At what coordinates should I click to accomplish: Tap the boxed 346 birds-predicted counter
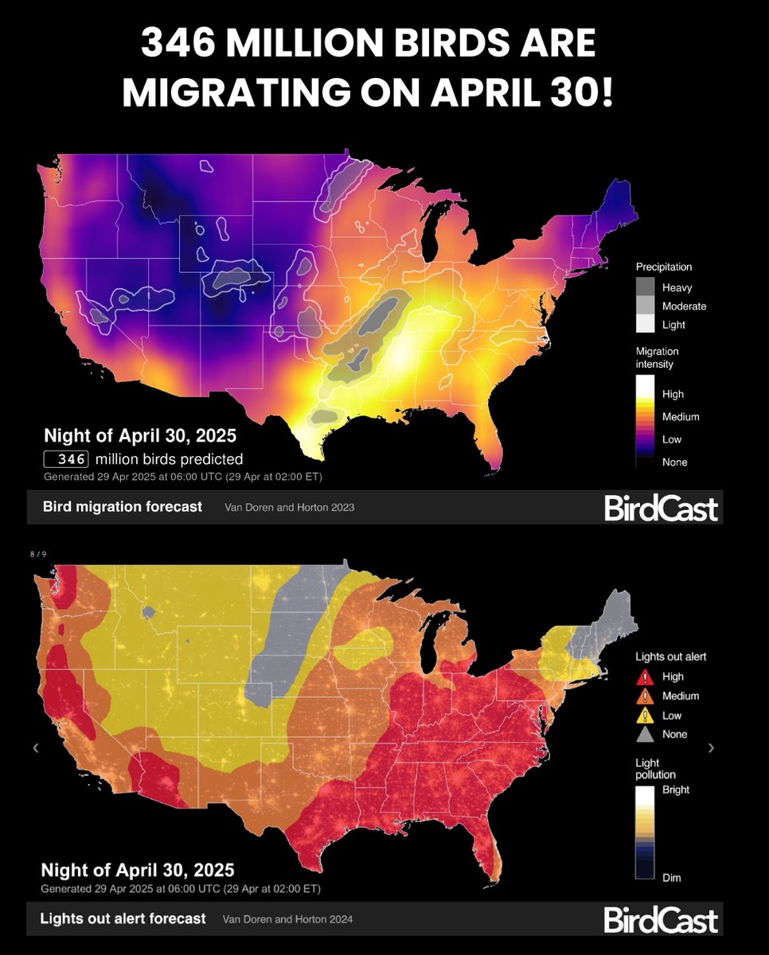pos(65,459)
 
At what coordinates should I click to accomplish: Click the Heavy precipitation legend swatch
pos(646,287)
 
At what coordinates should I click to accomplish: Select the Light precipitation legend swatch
pos(646,323)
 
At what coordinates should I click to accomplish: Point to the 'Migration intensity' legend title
pos(657,357)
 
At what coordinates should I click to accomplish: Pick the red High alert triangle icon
pos(646,677)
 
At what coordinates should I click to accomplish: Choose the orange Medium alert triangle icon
pos(646,696)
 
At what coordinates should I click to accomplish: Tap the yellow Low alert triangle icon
pos(646,715)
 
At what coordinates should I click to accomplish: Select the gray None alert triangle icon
pos(646,735)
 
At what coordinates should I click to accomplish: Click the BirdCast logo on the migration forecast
pos(661,508)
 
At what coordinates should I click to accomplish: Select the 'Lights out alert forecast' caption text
pos(123,918)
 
